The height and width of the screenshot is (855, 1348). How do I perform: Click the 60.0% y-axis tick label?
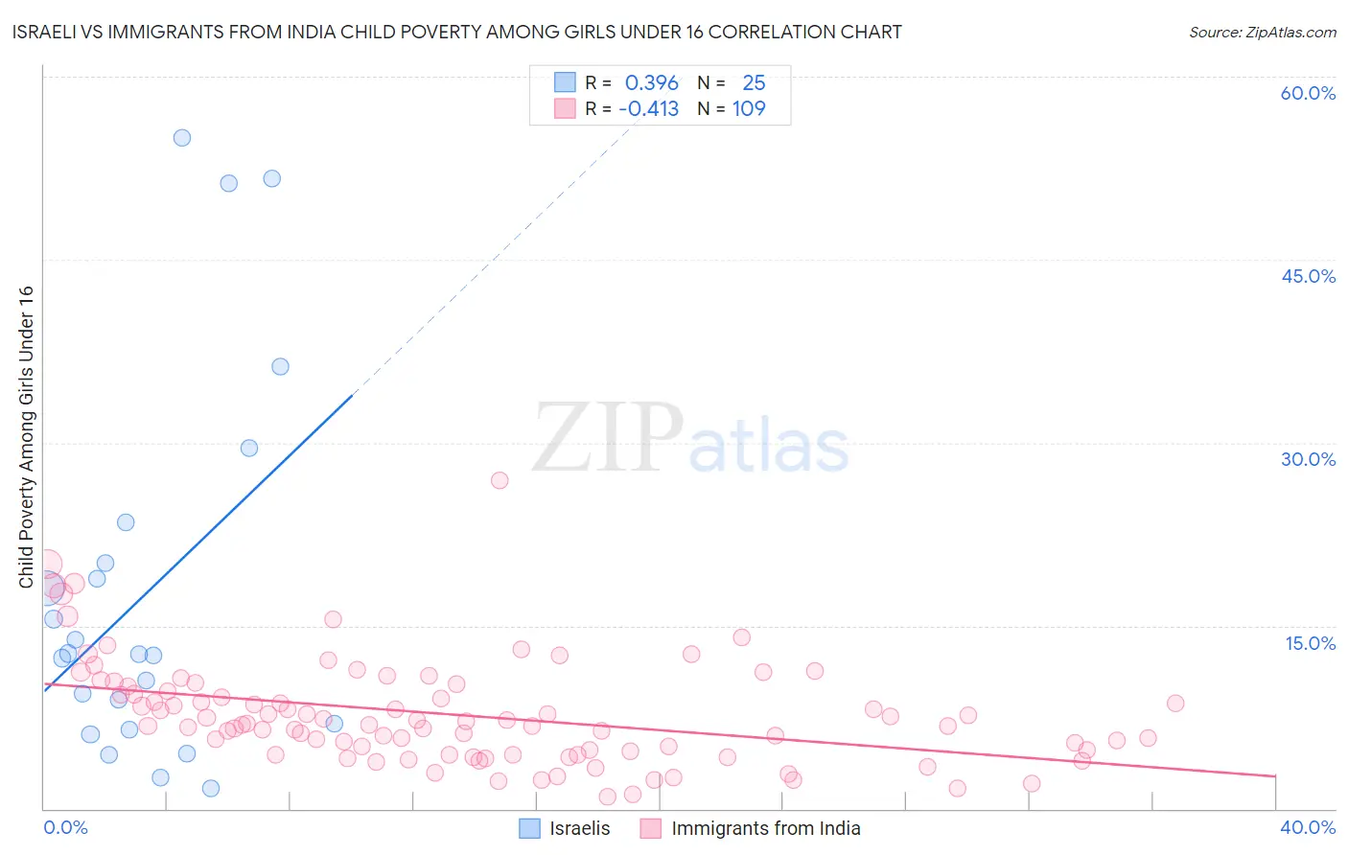1308,93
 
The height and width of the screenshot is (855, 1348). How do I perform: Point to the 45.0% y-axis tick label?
1308,276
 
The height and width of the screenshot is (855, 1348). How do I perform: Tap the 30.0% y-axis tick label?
1308,459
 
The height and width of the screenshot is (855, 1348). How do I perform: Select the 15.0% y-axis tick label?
1310,643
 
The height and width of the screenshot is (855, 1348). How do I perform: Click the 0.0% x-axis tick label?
65,827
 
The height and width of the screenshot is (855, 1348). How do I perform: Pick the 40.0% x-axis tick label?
1308,827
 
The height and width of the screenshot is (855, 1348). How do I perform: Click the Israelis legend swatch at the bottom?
529,828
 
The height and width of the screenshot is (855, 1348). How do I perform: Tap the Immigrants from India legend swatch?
651,828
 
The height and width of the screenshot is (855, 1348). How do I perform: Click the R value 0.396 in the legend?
651,83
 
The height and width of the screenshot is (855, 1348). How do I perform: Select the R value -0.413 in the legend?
648,109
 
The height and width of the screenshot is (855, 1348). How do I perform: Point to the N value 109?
749,109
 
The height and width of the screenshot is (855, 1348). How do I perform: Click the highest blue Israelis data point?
182,138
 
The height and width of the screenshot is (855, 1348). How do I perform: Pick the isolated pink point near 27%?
500,480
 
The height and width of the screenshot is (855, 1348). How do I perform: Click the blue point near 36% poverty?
280,366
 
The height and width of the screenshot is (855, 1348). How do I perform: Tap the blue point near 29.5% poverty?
249,448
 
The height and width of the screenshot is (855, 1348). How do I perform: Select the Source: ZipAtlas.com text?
1262,33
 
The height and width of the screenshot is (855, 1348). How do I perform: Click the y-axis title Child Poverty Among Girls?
26,437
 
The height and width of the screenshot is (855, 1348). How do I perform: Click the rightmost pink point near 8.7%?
1175,704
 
